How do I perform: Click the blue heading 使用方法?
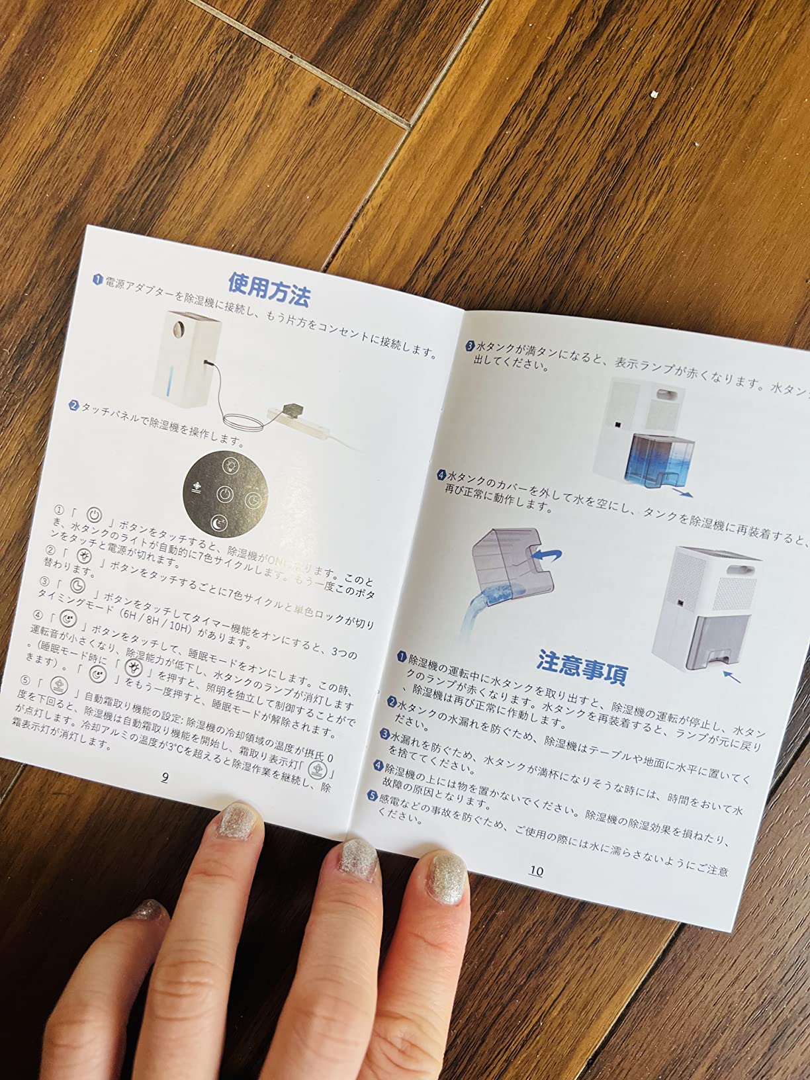(269, 289)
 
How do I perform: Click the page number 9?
(165, 777)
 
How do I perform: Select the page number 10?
(536, 871)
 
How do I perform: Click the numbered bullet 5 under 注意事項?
(373, 795)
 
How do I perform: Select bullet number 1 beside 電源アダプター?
(97, 280)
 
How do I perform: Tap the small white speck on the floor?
(653, 96)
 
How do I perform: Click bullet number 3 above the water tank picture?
(470, 345)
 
